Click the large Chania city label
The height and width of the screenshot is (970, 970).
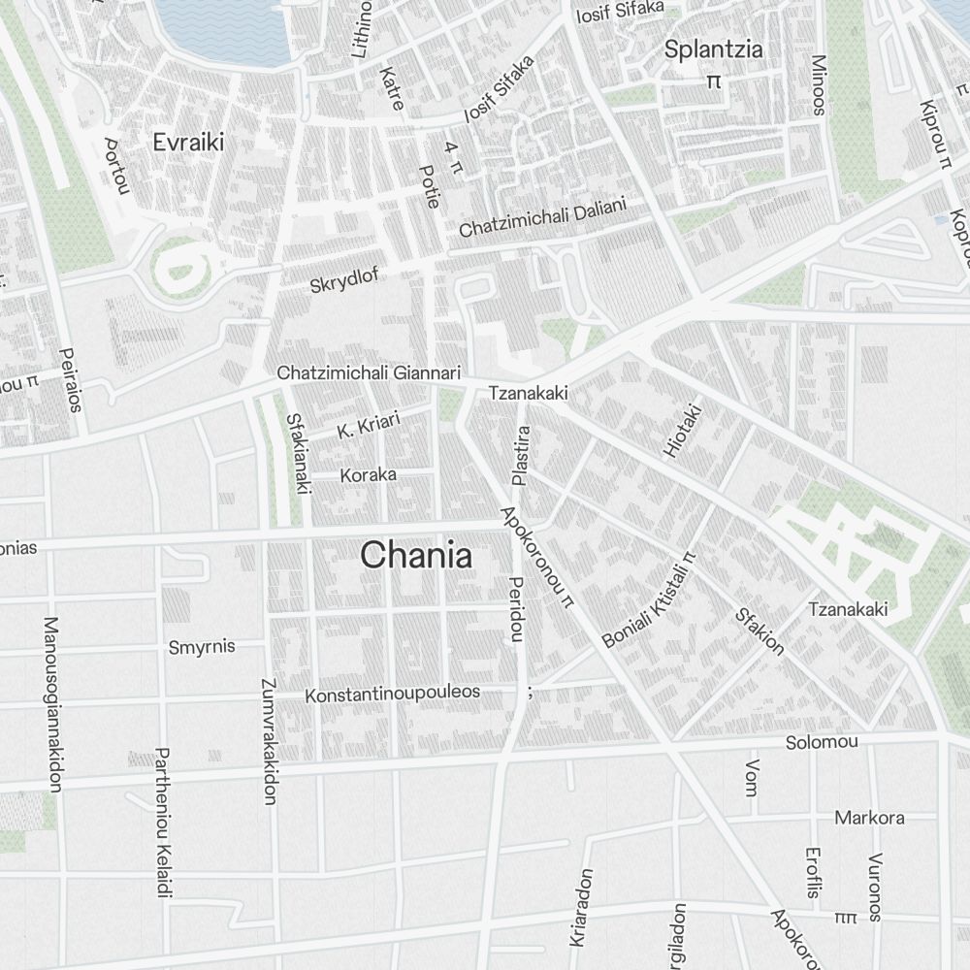[416, 556]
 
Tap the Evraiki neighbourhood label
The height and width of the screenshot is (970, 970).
[188, 143]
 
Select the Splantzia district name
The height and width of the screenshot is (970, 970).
[713, 50]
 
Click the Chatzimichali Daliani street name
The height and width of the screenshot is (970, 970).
[543, 219]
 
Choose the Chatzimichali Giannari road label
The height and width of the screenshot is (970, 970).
[369, 372]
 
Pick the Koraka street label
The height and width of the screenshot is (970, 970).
[368, 475]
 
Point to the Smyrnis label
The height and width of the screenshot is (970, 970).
[202, 647]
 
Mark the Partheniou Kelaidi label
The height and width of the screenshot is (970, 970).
[163, 823]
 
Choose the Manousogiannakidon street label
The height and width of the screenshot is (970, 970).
[51, 703]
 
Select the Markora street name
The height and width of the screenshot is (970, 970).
[869, 817]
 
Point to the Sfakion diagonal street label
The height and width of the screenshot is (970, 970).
[760, 630]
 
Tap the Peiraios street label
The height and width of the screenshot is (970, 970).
[70, 380]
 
